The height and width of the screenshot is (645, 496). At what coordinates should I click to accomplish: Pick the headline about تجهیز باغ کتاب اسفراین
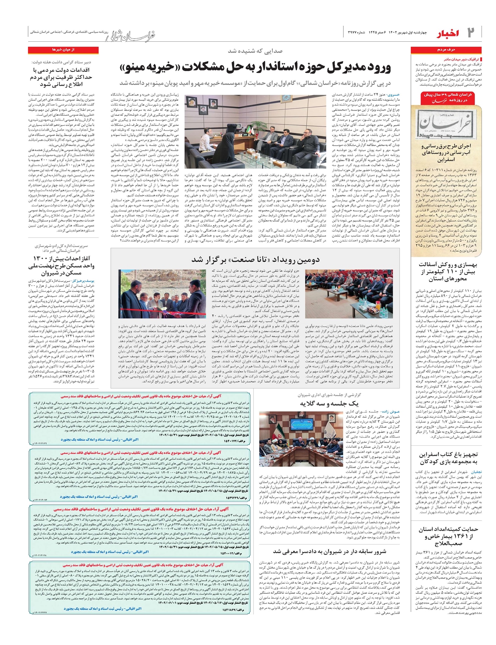pos(448,458)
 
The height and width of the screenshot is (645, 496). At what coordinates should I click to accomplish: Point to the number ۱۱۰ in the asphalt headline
pos(456,272)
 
